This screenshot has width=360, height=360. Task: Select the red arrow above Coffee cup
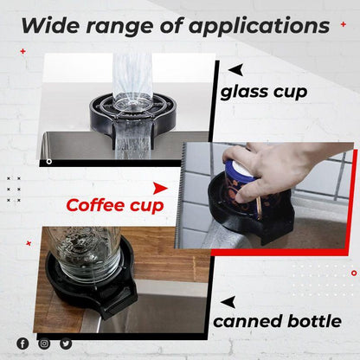[x=159, y=187]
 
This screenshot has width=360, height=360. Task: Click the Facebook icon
[x=22, y=344]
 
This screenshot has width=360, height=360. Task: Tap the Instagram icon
[x=44, y=344]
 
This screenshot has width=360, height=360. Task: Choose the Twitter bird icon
[x=66, y=344]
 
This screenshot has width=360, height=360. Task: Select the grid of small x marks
[x=14, y=189]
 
